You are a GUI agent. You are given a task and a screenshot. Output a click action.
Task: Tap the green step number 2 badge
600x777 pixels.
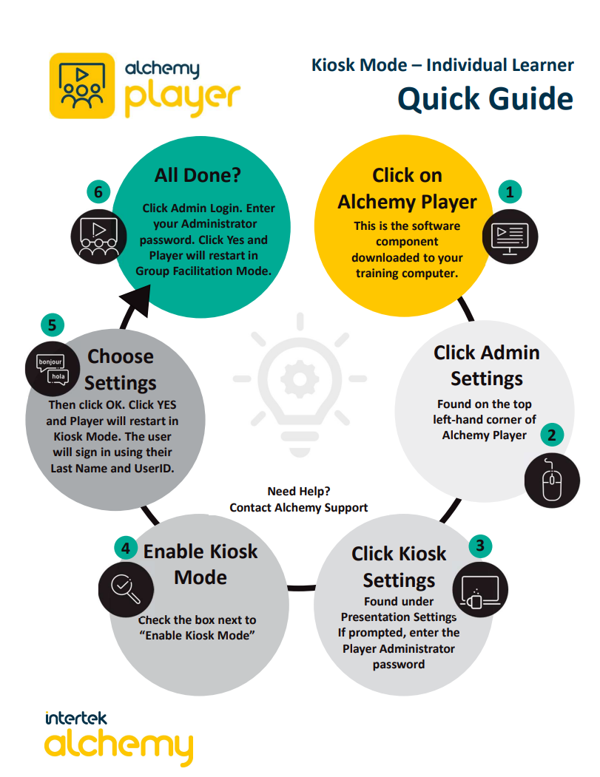coord(550,435)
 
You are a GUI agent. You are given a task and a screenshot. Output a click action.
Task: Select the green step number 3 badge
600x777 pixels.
coord(480,546)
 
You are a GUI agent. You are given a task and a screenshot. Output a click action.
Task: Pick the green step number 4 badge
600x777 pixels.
coord(127,549)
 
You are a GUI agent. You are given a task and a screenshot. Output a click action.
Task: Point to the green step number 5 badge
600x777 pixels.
coord(52,325)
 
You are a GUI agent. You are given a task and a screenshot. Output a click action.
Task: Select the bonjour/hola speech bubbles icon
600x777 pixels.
coord(52,370)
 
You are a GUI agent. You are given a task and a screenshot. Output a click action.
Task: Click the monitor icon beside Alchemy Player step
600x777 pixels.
coord(510,238)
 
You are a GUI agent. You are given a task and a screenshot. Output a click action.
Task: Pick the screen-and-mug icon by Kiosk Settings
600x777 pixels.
coord(479,592)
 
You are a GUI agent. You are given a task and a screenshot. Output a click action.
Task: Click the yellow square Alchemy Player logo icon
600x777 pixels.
coord(82,86)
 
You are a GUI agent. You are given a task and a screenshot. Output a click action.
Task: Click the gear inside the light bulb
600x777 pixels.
coord(300,379)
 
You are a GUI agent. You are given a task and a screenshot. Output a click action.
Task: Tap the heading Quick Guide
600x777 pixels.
coord(485,99)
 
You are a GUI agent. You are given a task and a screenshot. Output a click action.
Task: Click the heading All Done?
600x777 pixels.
coord(198,176)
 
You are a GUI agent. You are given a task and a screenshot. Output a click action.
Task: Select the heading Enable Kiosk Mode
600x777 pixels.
coord(200,563)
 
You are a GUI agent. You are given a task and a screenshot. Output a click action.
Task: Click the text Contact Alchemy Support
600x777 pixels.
coord(299,507)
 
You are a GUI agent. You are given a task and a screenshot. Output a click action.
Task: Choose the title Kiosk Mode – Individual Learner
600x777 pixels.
coord(442,65)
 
